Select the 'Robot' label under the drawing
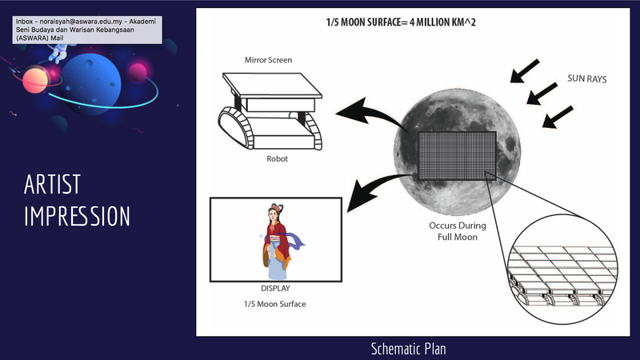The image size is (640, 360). [x=277, y=158]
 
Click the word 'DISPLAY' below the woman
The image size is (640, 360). [x=276, y=288]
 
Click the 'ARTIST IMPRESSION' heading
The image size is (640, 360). [x=76, y=200]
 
